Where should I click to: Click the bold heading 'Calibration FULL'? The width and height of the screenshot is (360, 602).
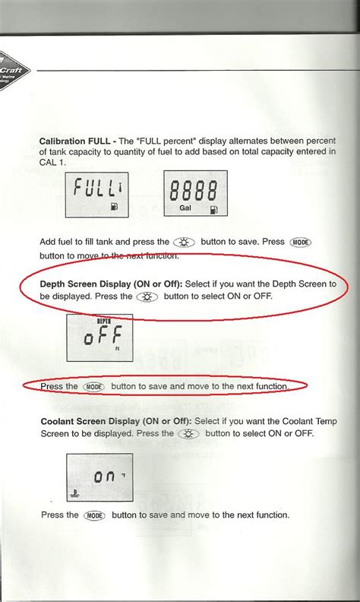[x=75, y=141]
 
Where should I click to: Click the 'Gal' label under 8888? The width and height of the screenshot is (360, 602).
[x=185, y=207]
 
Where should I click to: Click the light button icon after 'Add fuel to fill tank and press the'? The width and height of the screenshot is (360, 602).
[x=185, y=242]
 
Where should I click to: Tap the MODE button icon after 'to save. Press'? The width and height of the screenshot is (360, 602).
[x=297, y=242]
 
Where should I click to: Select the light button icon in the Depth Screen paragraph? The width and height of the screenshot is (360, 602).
[x=147, y=296]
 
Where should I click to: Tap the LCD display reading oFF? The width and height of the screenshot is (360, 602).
[x=99, y=337]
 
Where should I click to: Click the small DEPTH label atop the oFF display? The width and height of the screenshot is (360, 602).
[x=104, y=322]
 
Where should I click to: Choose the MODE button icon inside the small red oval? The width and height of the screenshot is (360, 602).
[x=94, y=387]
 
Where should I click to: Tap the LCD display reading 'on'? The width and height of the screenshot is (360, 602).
[x=99, y=478]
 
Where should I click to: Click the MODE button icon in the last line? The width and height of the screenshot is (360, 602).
[x=94, y=515]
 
